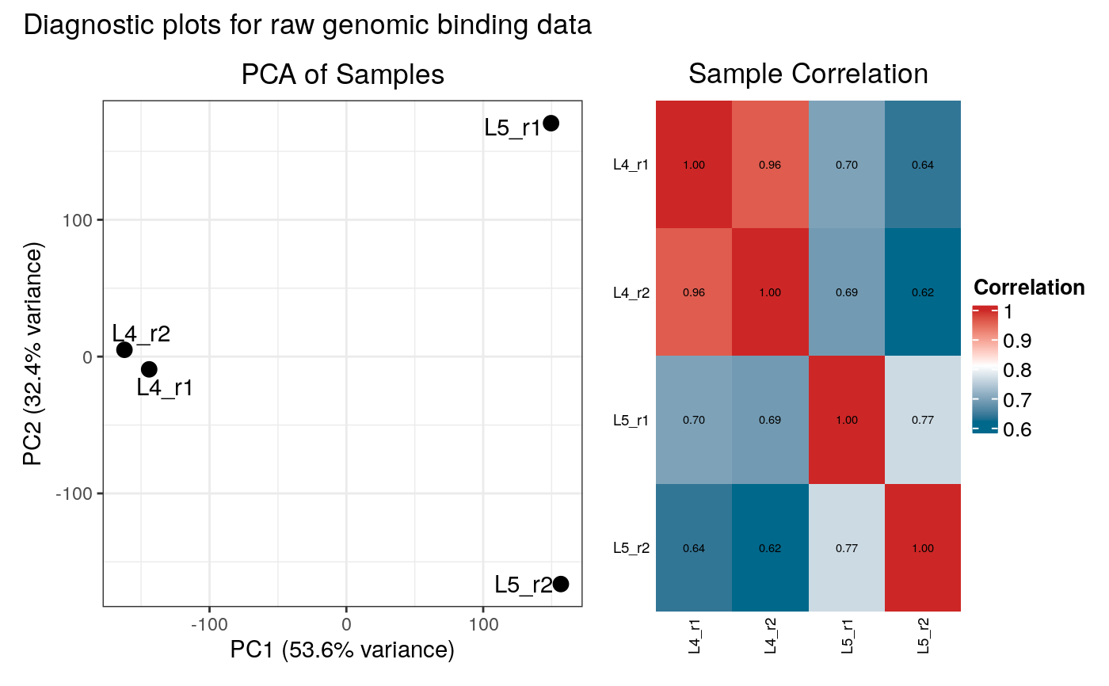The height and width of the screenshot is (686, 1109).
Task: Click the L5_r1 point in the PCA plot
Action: (x=551, y=123)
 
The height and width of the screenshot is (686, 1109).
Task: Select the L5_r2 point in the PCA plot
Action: (x=561, y=584)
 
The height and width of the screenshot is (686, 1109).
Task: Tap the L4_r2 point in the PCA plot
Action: (x=124, y=349)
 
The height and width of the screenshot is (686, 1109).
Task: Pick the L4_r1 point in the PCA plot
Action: (x=149, y=369)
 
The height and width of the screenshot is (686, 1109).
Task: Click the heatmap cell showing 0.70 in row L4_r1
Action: (x=847, y=165)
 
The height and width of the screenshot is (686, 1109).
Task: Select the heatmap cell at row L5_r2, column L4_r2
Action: (x=770, y=547)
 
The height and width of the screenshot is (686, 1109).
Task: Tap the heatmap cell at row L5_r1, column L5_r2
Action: (x=923, y=420)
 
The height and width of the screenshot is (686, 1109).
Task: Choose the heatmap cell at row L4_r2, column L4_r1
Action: (x=694, y=292)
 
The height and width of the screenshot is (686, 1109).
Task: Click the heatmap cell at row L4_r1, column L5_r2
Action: (x=923, y=165)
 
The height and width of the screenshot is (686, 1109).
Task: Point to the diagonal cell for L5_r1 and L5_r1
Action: (x=847, y=420)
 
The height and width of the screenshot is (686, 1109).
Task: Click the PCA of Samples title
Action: (x=342, y=74)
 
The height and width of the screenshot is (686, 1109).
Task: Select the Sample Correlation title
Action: (x=808, y=74)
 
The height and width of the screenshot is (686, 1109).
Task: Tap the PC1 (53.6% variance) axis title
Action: (x=342, y=650)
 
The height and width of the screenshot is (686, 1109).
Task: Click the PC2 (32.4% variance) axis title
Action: (x=33, y=353)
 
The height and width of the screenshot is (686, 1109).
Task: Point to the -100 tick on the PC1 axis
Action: (x=209, y=624)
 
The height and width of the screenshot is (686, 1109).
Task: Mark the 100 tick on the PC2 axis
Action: (x=78, y=220)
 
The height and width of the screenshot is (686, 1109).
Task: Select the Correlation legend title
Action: (x=1028, y=288)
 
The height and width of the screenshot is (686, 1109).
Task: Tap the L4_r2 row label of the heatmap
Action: (x=631, y=293)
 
